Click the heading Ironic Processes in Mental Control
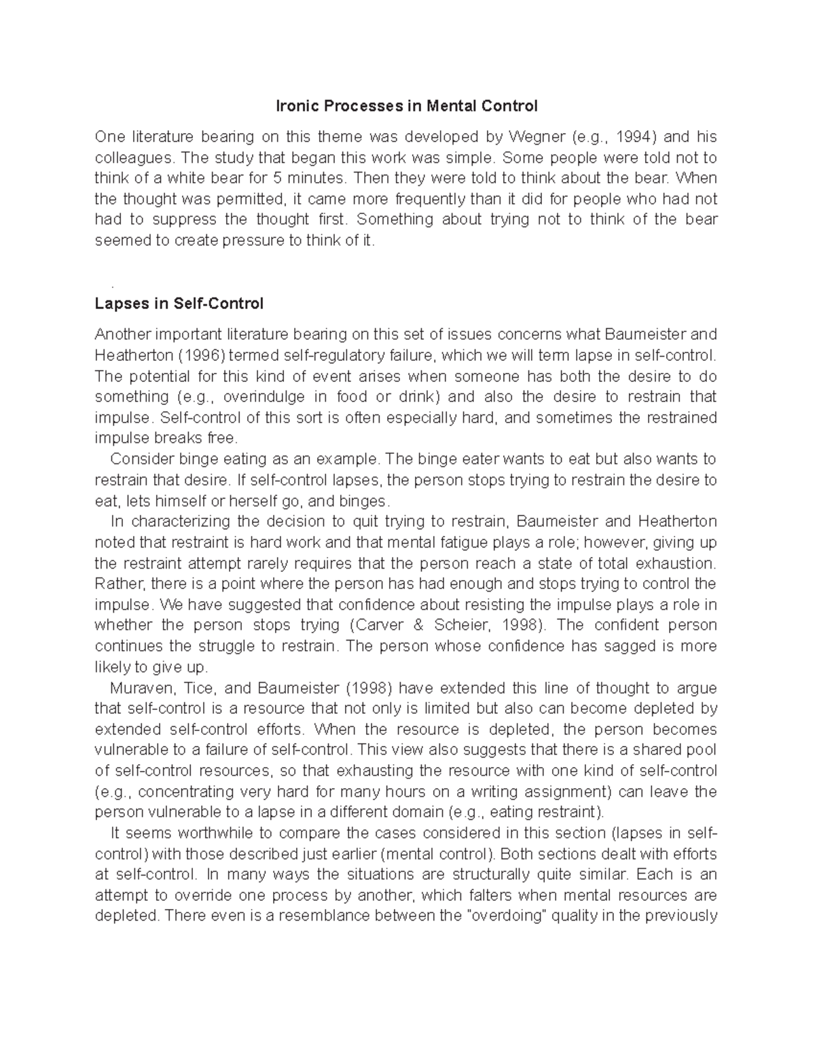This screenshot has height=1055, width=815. [x=406, y=106]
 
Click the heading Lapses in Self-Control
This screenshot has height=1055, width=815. [x=179, y=304]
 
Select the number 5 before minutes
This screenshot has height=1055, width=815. [x=275, y=179]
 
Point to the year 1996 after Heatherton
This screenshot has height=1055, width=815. [x=202, y=355]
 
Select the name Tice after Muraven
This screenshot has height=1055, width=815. [x=199, y=688]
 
